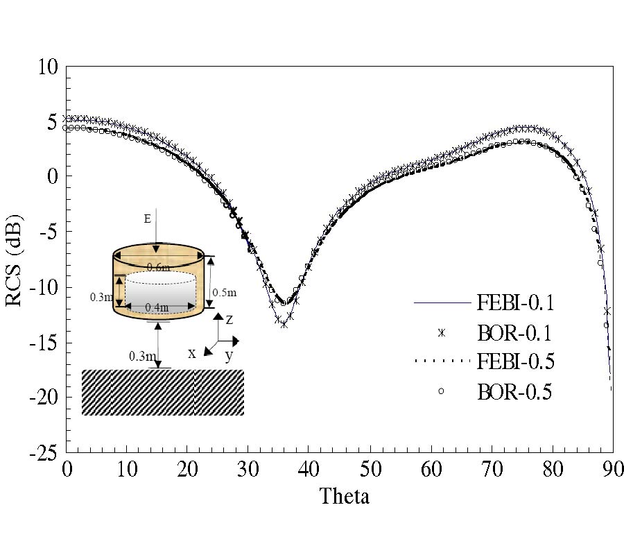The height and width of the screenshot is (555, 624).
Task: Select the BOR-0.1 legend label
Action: [514, 333]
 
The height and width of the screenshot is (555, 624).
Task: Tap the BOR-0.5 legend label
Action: [514, 392]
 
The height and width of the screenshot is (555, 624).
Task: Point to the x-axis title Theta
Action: [344, 496]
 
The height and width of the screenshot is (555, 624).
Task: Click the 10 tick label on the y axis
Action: [49, 67]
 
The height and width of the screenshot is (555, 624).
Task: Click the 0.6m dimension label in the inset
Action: [158, 266]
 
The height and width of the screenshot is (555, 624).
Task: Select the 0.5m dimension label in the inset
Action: [223, 293]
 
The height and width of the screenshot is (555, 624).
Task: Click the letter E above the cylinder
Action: [147, 219]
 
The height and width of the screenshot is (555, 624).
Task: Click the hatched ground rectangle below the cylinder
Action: [163, 392]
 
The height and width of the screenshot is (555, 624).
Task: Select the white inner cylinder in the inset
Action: [159, 288]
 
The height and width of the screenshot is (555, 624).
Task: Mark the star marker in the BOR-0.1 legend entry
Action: [441, 333]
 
